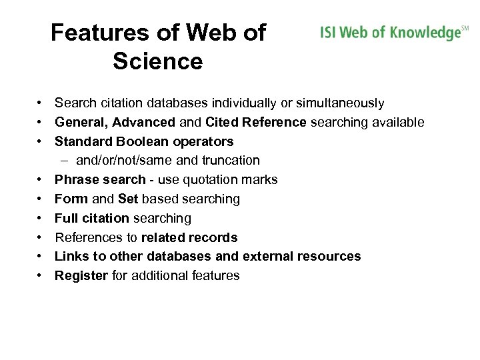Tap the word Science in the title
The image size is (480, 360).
click(x=157, y=61)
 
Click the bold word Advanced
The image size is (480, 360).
click(x=143, y=123)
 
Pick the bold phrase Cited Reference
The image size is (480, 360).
click(x=256, y=123)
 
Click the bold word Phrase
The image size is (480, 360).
click(x=77, y=180)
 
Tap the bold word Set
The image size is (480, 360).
click(x=127, y=199)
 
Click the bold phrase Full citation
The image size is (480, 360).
click(x=92, y=218)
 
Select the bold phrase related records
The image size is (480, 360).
click(x=189, y=237)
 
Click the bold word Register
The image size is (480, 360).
click(x=81, y=276)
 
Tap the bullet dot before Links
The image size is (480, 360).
click(x=41, y=257)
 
